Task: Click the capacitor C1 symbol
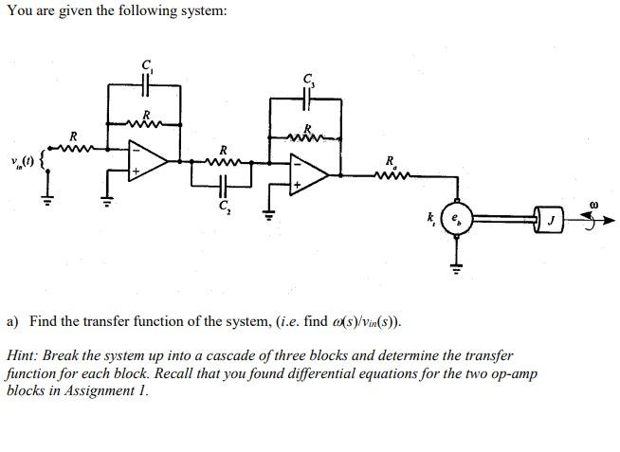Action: point(147,83)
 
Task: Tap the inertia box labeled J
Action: point(550,221)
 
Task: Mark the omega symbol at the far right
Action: point(592,202)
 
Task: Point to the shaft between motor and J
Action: point(503,220)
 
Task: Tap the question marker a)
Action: point(12,321)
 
